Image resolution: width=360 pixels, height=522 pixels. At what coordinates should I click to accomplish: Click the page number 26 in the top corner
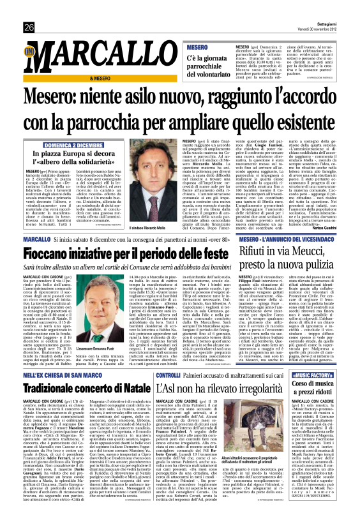[x=29, y=10]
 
